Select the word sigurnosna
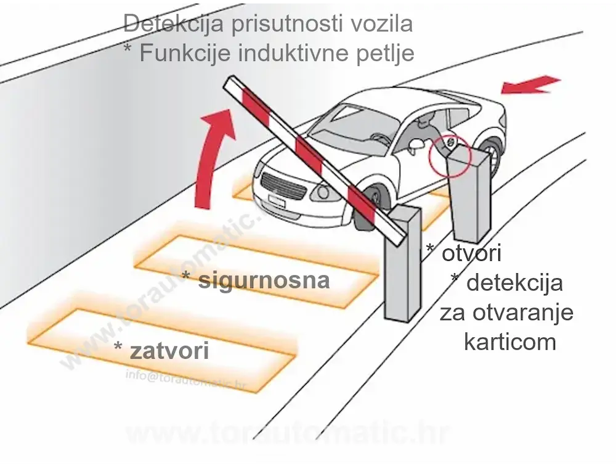[264, 281]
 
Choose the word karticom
[509, 342]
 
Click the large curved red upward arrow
[213, 160]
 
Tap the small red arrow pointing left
[530, 85]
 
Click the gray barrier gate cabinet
[402, 265]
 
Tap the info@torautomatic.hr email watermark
[185, 377]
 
